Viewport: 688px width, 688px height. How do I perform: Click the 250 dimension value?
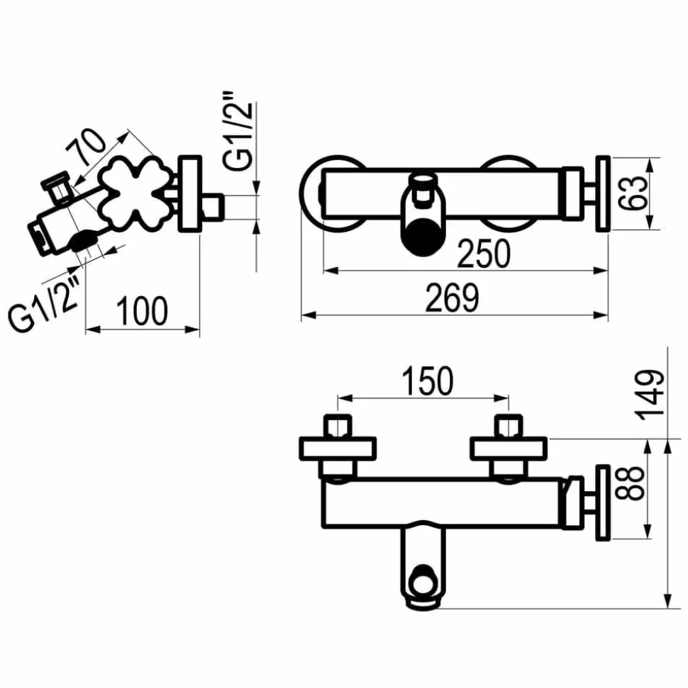(x=484, y=254)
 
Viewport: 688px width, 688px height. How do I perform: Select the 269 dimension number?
(x=452, y=298)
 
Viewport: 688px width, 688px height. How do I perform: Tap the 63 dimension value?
(x=633, y=193)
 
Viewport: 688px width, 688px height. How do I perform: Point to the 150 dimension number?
(x=428, y=380)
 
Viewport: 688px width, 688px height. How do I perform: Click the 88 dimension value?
(x=630, y=483)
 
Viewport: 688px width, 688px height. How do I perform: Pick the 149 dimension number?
(x=652, y=395)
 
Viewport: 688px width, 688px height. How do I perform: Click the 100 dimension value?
(x=141, y=310)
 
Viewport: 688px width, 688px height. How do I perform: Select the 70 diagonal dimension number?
(x=86, y=146)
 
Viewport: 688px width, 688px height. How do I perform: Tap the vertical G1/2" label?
(x=238, y=131)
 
